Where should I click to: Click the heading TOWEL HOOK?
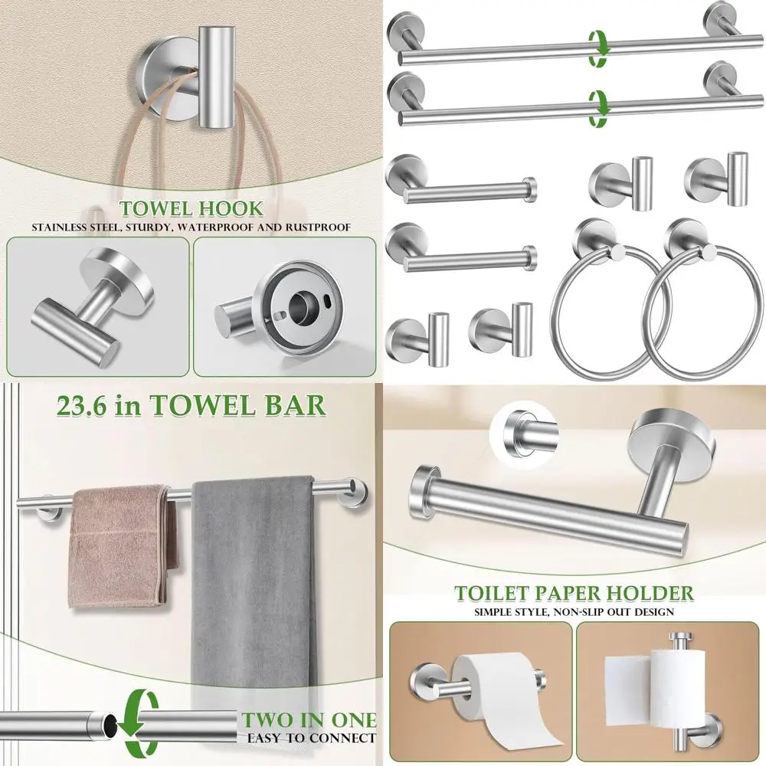(x=191, y=208)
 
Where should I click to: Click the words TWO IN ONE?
(x=309, y=720)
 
